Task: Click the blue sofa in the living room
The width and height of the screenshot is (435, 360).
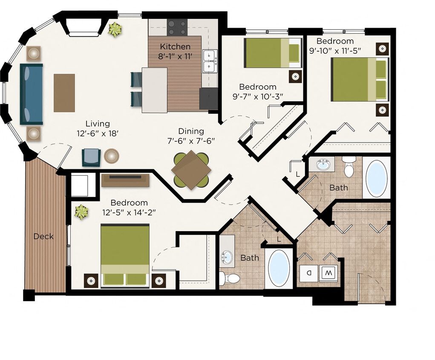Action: click(32, 94)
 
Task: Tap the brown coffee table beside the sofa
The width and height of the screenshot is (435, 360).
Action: click(64, 93)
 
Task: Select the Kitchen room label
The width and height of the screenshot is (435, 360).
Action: click(175, 46)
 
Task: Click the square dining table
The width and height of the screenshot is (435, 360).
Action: click(191, 170)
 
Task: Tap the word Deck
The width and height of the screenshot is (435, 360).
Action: click(44, 236)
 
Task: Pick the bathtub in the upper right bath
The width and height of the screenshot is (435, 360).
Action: click(377, 178)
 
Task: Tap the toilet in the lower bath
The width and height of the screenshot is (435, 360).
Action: click(230, 279)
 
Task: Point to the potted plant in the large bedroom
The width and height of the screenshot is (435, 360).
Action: click(81, 212)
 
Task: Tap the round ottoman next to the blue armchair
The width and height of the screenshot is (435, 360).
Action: click(112, 156)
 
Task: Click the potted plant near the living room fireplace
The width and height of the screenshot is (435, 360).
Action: click(115, 29)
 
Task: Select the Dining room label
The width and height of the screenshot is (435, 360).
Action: click(191, 131)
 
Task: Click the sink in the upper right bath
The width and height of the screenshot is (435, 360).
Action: click(323, 164)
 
